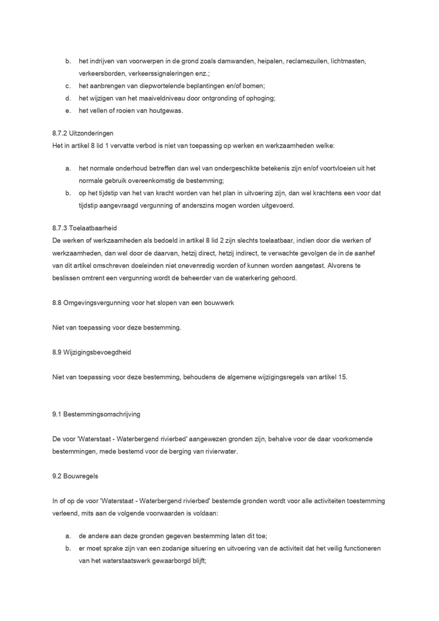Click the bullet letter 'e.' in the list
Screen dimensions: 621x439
pyautogui.click(x=68, y=110)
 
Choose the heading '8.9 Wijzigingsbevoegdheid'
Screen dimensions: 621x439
pyautogui.click(x=92, y=352)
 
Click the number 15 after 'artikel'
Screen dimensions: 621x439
pyautogui.click(x=342, y=377)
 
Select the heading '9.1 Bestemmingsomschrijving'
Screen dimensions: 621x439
pyautogui.click(x=96, y=414)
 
